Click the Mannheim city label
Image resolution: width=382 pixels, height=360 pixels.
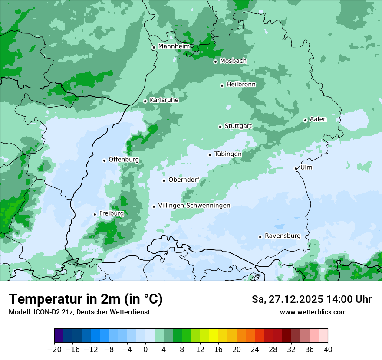[174, 46]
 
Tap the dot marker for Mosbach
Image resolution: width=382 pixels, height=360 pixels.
[215, 62]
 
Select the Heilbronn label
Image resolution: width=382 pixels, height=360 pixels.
[241, 85]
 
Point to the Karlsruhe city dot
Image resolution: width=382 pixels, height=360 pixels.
[145, 101]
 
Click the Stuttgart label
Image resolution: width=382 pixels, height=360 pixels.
[238, 126]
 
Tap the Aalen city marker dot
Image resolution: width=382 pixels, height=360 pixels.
[305, 120]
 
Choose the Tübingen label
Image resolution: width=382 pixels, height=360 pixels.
[228, 154]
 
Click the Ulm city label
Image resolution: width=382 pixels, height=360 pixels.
[306, 167]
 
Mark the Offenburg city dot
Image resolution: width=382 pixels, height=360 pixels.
[104, 160]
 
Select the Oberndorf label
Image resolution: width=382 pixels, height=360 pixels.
[184, 180]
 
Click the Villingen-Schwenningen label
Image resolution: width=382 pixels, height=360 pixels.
[194, 206]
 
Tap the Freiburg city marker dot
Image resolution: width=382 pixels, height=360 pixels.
[95, 214]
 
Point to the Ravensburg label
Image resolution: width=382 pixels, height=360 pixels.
[283, 236]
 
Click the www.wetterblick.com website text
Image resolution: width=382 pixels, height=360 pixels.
[313, 312]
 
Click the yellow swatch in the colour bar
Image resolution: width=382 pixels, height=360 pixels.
[214, 336]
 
